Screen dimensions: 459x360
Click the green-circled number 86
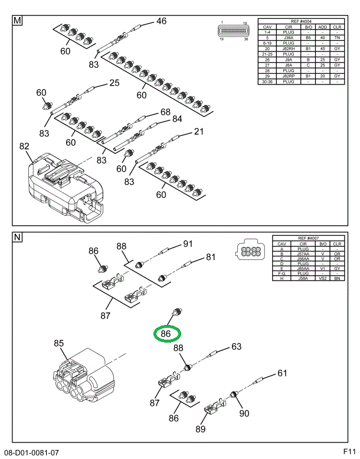(x=166, y=333)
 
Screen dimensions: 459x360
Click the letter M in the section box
(x=18, y=22)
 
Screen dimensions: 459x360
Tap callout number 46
(x=161, y=22)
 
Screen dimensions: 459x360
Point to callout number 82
(x=24, y=147)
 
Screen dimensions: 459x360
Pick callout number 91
(x=188, y=244)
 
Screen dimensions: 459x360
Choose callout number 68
(x=165, y=112)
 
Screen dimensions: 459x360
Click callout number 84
(x=177, y=119)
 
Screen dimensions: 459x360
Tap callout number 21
(x=198, y=131)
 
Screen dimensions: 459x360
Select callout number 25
(x=114, y=83)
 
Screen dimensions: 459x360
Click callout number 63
(x=236, y=347)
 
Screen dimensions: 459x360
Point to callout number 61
(x=282, y=373)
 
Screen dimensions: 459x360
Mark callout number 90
(x=244, y=413)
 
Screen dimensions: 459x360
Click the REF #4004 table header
(x=300, y=21)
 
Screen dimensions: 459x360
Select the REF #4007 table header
(x=307, y=238)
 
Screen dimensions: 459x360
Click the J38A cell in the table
(x=289, y=37)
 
